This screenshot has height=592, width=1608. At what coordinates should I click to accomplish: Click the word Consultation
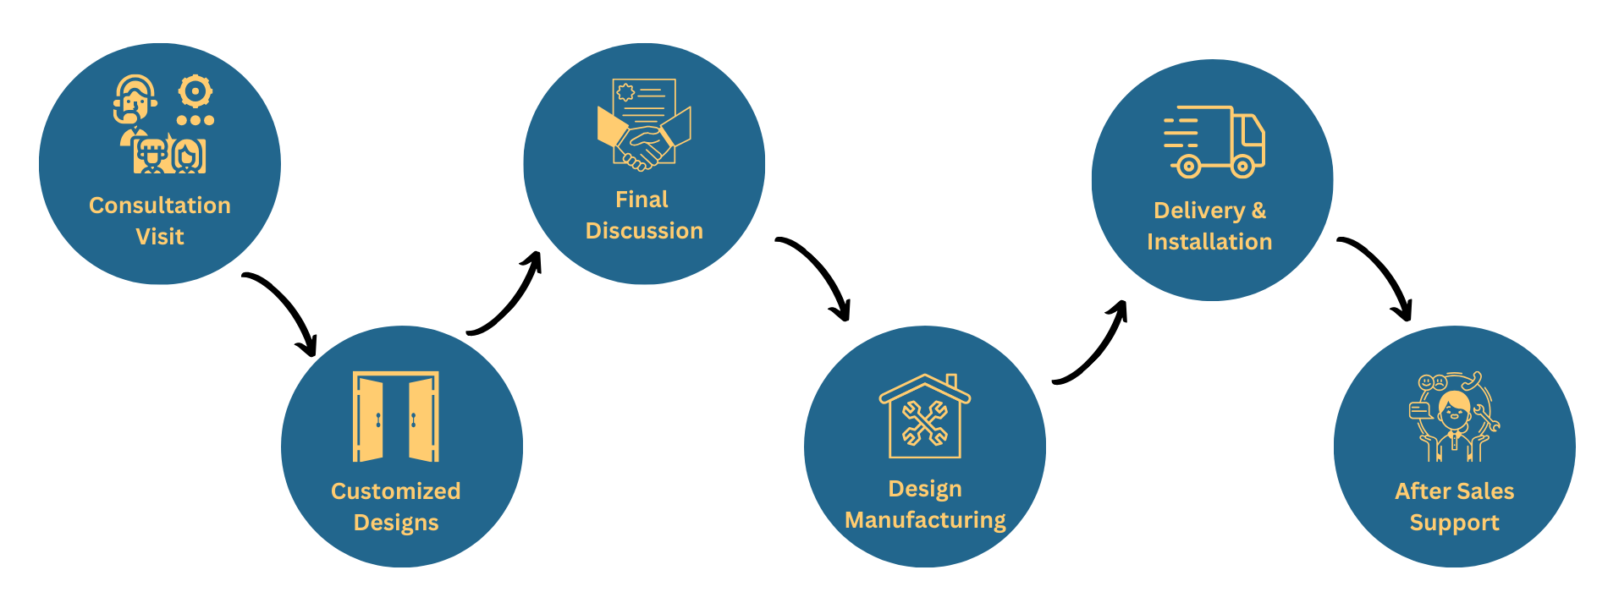pos(159,206)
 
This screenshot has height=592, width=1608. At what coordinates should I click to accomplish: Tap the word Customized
pos(395,491)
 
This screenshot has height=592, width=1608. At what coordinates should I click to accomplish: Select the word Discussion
pos(644,231)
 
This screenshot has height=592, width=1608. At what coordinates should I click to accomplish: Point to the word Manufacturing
pos(925,520)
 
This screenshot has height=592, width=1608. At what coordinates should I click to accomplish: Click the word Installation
pos(1209,242)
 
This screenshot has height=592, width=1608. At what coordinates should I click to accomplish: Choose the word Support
pos(1454,523)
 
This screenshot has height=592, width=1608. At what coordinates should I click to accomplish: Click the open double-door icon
pos(396,417)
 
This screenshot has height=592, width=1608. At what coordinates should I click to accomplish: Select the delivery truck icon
pos(1214,142)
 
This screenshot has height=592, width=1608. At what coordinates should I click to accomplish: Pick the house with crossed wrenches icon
pos(925,417)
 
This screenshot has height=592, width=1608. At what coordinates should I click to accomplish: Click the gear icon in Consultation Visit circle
pos(195,91)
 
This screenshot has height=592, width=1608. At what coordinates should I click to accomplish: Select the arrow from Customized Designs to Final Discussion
pos(508,296)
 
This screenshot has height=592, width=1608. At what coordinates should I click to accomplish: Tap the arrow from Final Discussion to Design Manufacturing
pos(817,275)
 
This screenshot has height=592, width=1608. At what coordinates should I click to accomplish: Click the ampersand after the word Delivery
pos(1258,211)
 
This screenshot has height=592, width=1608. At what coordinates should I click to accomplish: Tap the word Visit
pos(159,237)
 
